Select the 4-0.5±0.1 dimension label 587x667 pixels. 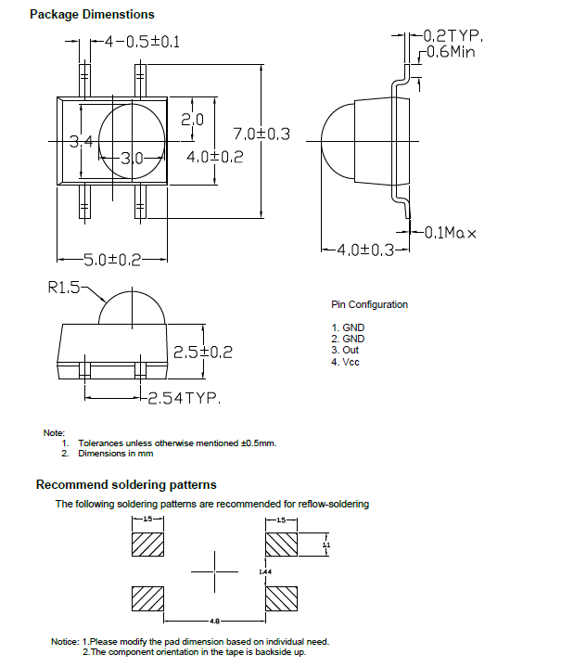pyautogui.click(x=142, y=42)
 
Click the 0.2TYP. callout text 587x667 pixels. pyautogui.click(x=454, y=35)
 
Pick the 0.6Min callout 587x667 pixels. pyautogui.click(x=451, y=53)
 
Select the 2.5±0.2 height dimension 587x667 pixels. pyautogui.click(x=203, y=353)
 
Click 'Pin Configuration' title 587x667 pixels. pyautogui.click(x=369, y=304)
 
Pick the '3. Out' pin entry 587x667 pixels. pyautogui.click(x=345, y=350)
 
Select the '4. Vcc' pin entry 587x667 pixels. pyautogui.click(x=345, y=362)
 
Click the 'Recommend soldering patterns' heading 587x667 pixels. pyautogui.click(x=126, y=484)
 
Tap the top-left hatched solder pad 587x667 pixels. pyautogui.click(x=148, y=542)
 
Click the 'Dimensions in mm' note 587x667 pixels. pyautogui.click(x=115, y=454)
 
